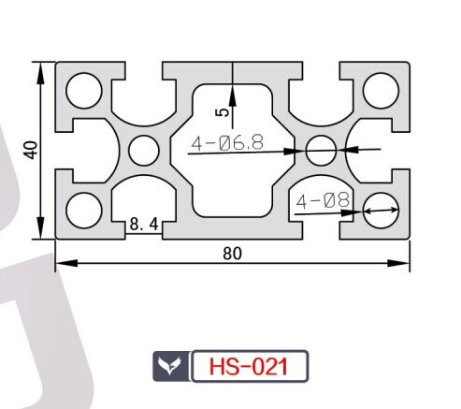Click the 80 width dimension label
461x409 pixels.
coord(232,254)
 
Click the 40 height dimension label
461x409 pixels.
coord(32,150)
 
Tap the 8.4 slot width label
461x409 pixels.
coord(144,224)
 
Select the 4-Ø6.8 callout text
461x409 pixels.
coord(227,143)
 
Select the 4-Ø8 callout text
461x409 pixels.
coord(323,200)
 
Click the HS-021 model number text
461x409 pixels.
coord(249,367)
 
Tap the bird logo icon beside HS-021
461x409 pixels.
coord(170,366)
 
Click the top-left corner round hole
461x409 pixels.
coord(84,91)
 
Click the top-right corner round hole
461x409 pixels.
coord(381,91)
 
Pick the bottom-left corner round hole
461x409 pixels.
coord(84,211)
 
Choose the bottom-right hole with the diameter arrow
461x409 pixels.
coord(381,211)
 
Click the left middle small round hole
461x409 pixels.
coord(144,151)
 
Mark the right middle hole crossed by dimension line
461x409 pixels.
coord(322,151)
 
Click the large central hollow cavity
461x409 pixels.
coord(233,151)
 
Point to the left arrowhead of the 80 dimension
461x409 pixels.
coord(66,263)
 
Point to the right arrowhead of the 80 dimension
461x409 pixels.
coord(398,263)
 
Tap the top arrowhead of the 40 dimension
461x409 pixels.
coord(40,73)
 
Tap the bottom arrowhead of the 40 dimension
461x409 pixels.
coord(40,227)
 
